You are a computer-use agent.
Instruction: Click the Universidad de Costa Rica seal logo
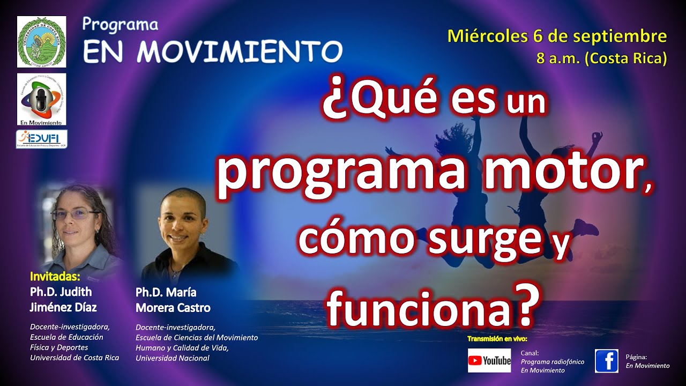(x=41, y=42)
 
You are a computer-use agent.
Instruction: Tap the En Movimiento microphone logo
(x=41, y=99)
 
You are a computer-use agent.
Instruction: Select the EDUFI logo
(x=41, y=139)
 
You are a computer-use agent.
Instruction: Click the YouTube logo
(x=489, y=361)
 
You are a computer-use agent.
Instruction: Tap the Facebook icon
(x=607, y=361)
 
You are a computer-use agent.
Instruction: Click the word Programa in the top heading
(x=121, y=25)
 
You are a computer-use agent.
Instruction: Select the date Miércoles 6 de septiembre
(x=557, y=36)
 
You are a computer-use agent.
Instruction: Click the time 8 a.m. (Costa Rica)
(x=601, y=58)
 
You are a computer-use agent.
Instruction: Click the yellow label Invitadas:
(x=55, y=277)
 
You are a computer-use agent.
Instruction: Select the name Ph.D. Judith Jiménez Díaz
(x=63, y=300)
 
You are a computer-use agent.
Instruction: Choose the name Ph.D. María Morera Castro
(x=173, y=300)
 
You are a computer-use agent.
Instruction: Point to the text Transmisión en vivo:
(x=497, y=339)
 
